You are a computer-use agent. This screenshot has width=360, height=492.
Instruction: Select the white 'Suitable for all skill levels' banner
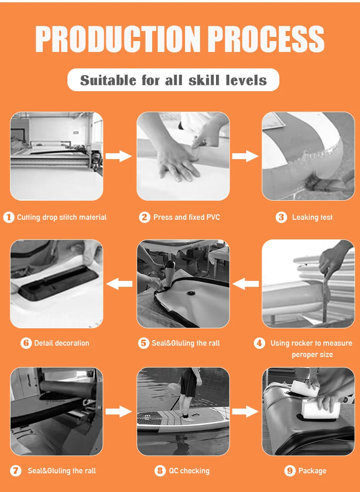[173, 80]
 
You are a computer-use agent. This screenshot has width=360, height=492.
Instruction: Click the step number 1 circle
[9, 217]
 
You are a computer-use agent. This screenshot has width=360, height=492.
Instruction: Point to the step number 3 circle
[281, 217]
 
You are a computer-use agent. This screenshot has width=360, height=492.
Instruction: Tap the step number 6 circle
[26, 343]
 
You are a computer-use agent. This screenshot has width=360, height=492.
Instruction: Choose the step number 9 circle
[290, 471]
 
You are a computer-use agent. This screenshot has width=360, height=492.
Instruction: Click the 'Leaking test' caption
[312, 217]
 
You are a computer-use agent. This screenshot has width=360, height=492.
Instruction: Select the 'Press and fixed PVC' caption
[186, 217]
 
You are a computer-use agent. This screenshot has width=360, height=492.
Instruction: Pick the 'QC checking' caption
[189, 471]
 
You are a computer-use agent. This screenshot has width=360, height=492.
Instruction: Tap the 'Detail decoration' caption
[62, 343]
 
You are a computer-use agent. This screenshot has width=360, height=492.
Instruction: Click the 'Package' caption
[312, 471]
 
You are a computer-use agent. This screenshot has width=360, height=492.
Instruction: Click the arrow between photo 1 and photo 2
[118, 156]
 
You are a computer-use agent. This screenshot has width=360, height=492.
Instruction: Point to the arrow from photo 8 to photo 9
[245, 411]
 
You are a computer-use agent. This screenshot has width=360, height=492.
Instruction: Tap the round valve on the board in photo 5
[190, 293]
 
